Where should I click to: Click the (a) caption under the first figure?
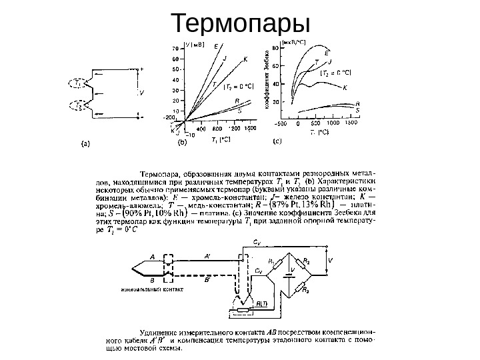(x=86, y=141)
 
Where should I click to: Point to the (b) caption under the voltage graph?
(x=180, y=141)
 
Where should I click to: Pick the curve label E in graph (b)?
(x=215, y=46)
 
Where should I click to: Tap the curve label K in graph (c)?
(x=345, y=87)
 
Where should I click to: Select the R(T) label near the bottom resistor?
(x=262, y=303)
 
